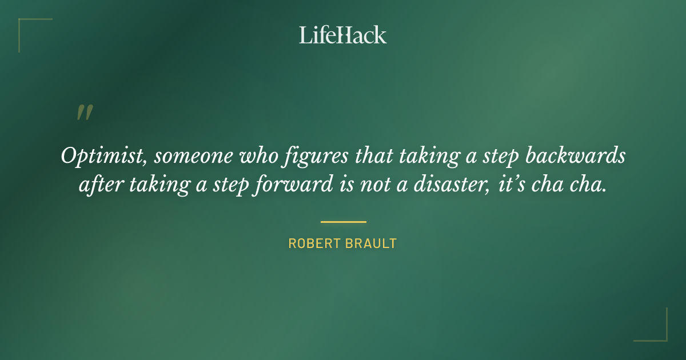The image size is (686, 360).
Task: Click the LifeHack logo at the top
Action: pyautogui.click(x=342, y=35)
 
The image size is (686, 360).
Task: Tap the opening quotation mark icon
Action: pyautogui.click(x=84, y=113)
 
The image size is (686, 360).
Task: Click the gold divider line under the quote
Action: pyautogui.click(x=343, y=222)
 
